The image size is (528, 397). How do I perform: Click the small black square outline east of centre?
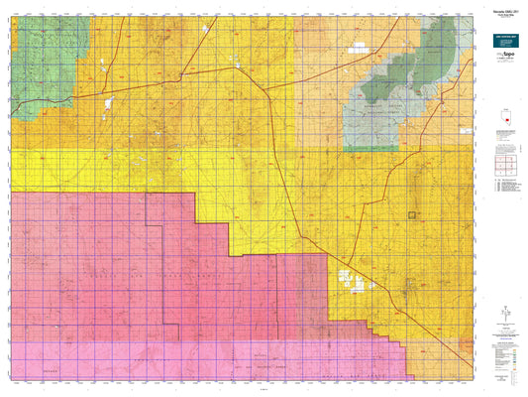(412, 213)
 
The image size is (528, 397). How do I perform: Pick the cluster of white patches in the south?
(347, 280)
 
